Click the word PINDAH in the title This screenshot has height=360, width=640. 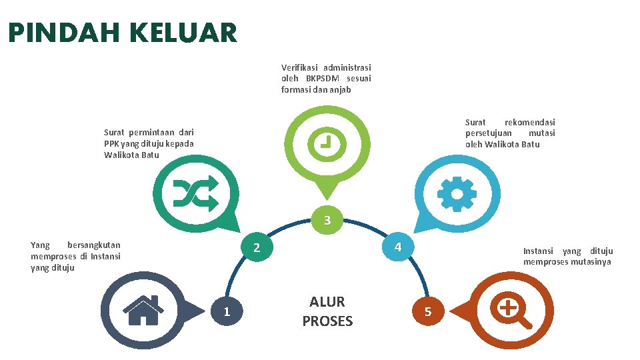click(56, 33)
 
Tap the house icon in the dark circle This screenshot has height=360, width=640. click(143, 310)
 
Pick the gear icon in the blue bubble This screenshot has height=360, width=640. click(457, 195)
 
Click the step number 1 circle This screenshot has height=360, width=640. click(227, 311)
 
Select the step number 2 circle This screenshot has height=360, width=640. click(256, 248)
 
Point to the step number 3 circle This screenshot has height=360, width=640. click(327, 221)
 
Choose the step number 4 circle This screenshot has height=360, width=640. click(397, 247)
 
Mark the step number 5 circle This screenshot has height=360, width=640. click(427, 311)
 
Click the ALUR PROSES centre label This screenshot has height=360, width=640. click(327, 311)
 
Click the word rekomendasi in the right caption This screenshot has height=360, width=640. click(529, 122)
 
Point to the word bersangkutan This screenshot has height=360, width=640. click(94, 245)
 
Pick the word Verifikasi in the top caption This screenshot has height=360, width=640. click(300, 67)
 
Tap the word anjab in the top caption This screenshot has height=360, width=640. click(340, 89)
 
